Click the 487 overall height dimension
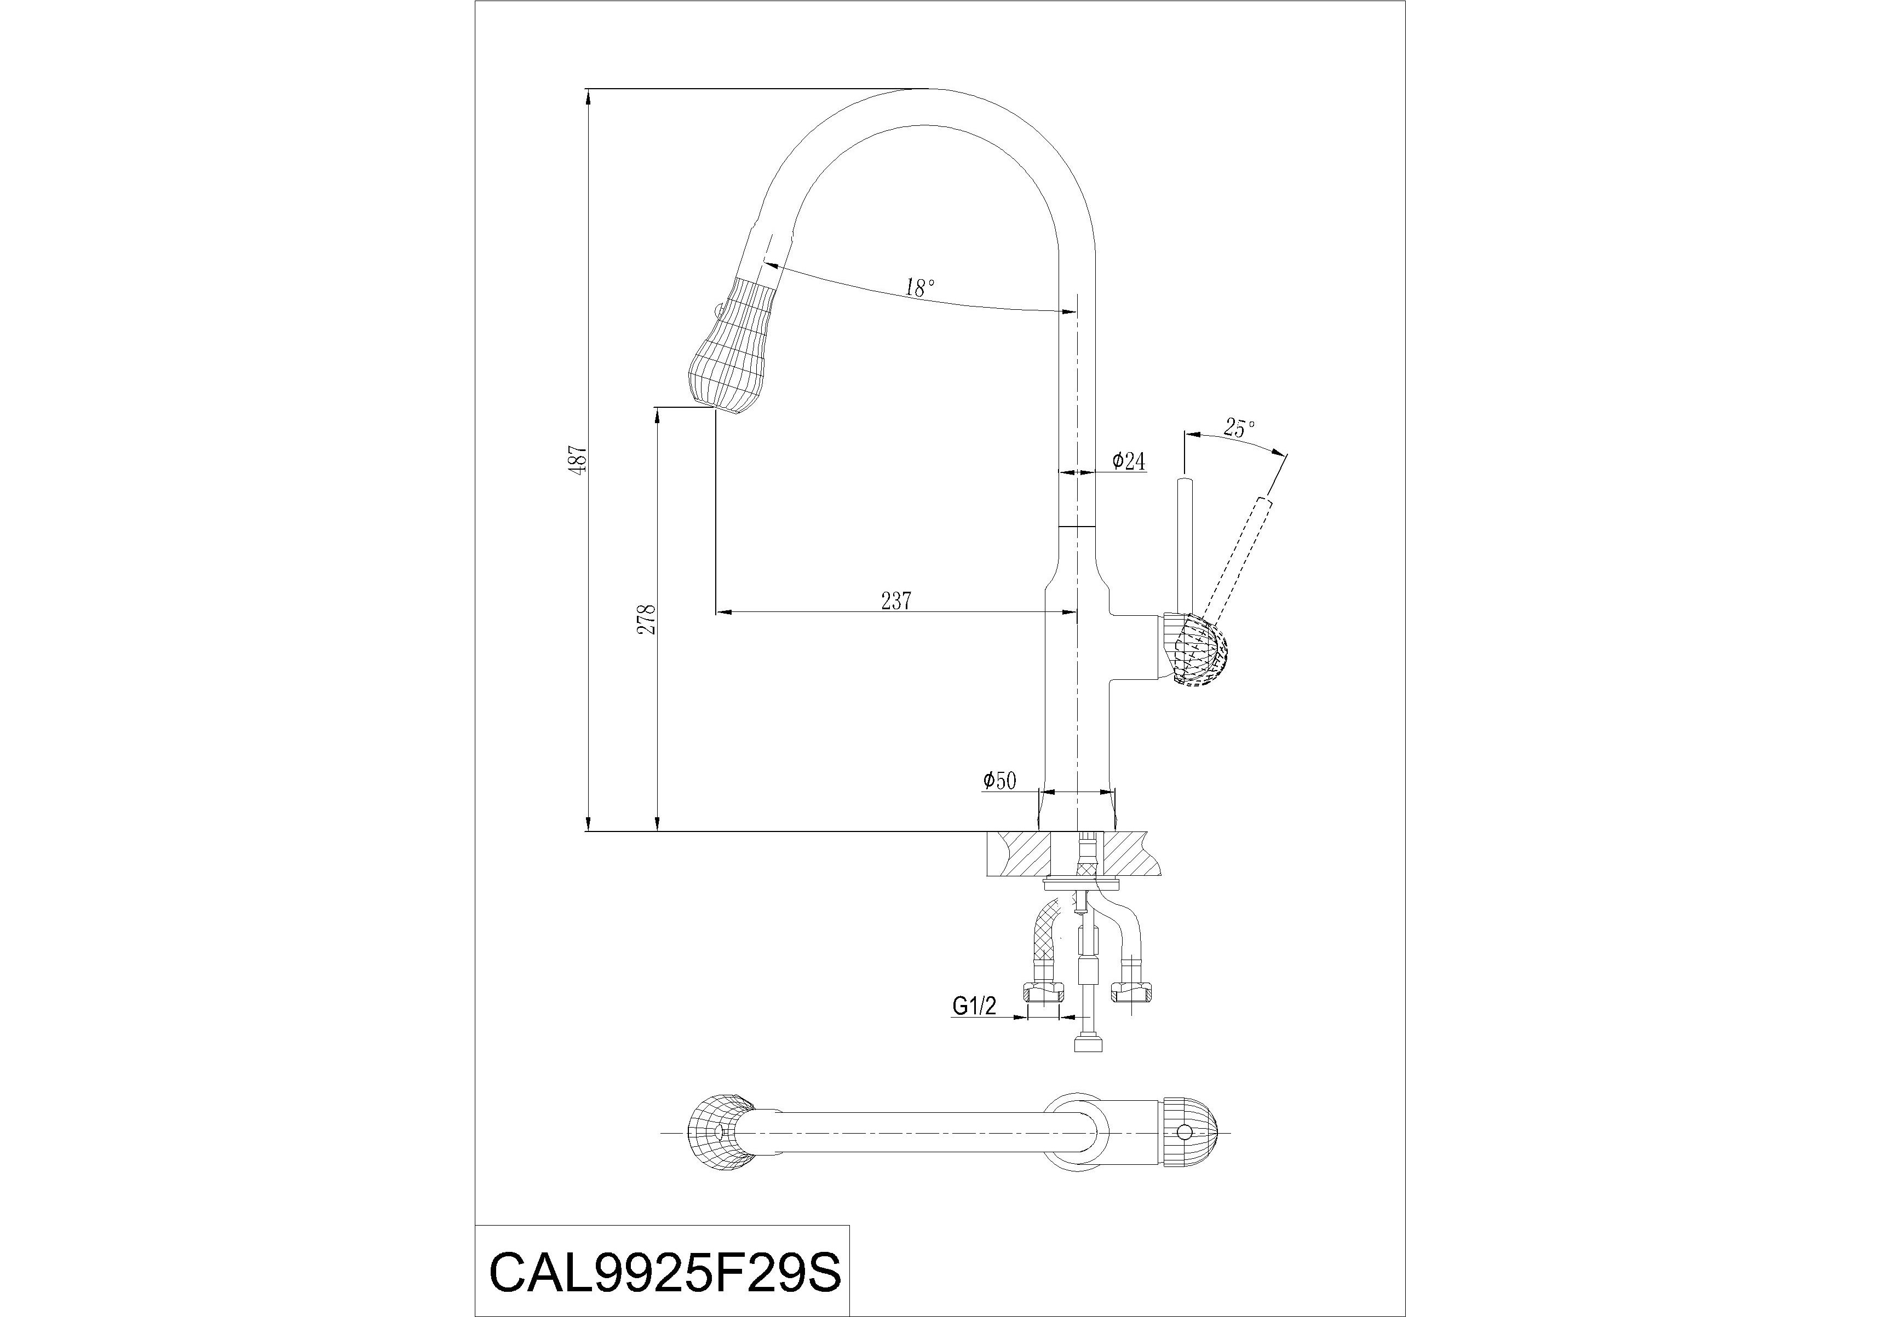[580, 461]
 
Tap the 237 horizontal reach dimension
[896, 601]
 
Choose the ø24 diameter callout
[1128, 461]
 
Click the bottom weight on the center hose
[1086, 1045]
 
